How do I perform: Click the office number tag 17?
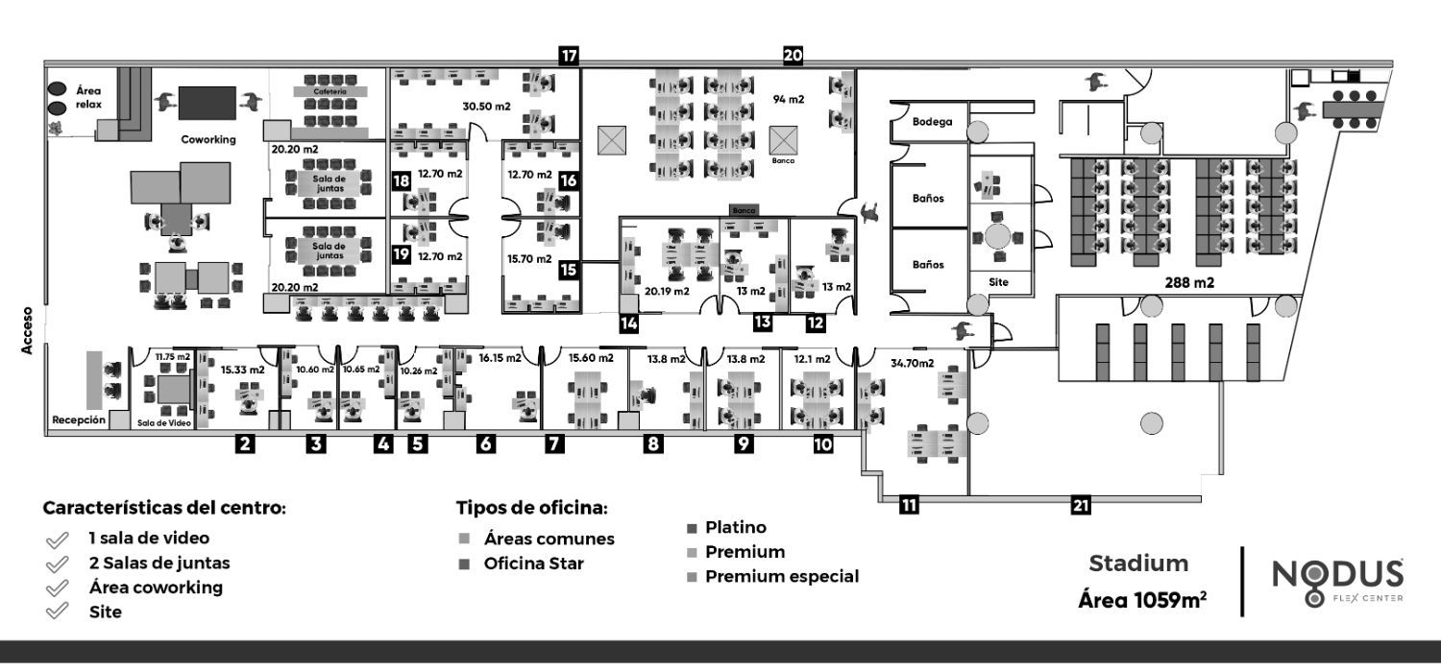point(570,56)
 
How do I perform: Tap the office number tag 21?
point(1081,505)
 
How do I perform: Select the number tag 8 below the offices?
point(653,443)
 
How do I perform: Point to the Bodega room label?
point(933,122)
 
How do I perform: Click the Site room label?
point(999,283)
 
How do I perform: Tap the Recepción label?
point(79,420)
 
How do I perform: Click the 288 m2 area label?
point(1188,284)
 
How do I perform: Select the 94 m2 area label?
point(789,99)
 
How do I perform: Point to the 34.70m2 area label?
point(913,363)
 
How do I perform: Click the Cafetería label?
point(329,92)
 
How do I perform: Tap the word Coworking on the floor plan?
point(208,139)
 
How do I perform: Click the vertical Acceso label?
point(28,329)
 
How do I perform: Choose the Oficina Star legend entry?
point(533,563)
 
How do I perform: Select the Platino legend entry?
point(735,527)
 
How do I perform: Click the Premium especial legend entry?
point(781,576)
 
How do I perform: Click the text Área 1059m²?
point(1142,601)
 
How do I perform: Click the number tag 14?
point(629,324)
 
